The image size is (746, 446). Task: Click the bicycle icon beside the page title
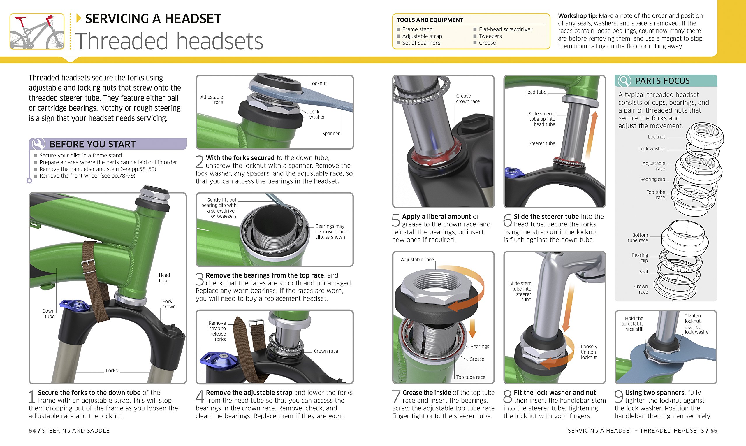(37, 31)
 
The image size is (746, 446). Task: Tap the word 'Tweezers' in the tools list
(490, 36)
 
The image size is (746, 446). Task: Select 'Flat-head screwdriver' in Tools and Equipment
(506, 29)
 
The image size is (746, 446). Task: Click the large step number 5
(396, 220)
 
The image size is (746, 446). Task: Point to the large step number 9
(619, 396)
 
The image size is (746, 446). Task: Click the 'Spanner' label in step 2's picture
(331, 134)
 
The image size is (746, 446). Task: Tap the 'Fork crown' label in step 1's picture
(169, 304)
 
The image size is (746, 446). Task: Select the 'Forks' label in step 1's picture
(112, 371)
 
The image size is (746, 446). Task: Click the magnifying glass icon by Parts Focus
(624, 81)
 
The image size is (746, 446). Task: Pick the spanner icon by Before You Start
(38, 144)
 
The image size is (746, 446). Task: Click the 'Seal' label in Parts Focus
(643, 272)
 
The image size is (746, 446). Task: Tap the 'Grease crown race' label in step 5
(467, 99)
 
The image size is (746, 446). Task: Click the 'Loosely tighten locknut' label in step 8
(589, 352)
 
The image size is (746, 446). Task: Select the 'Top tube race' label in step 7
(471, 377)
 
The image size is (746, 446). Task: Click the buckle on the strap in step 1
(88, 265)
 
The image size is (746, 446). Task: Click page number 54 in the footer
(32, 430)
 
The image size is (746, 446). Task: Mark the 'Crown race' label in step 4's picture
(326, 351)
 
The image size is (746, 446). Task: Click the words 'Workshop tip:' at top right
(577, 16)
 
